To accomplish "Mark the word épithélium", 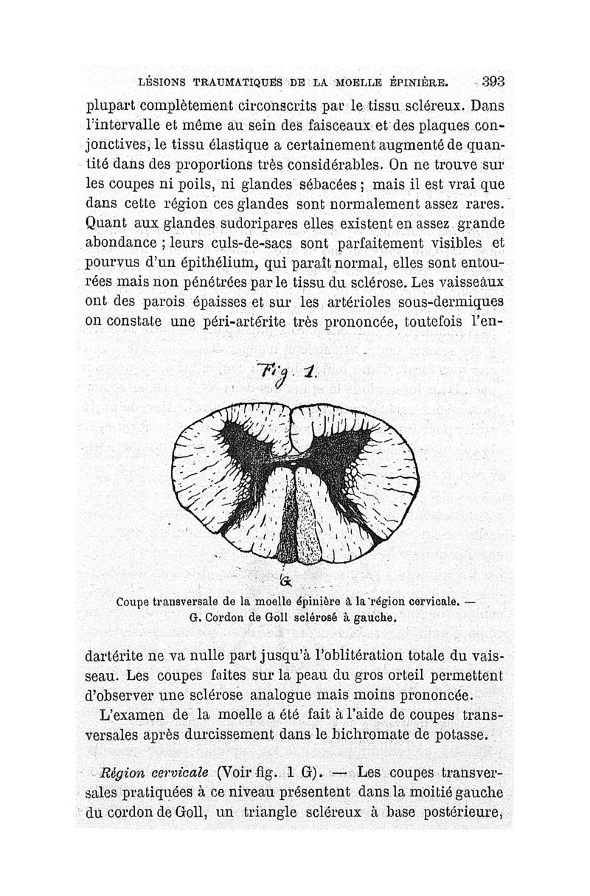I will (x=195, y=261).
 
